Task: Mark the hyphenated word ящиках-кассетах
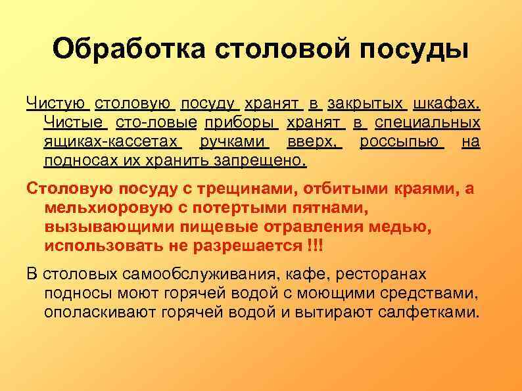(111, 141)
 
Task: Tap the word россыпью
(402, 141)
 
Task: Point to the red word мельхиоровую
(107, 208)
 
